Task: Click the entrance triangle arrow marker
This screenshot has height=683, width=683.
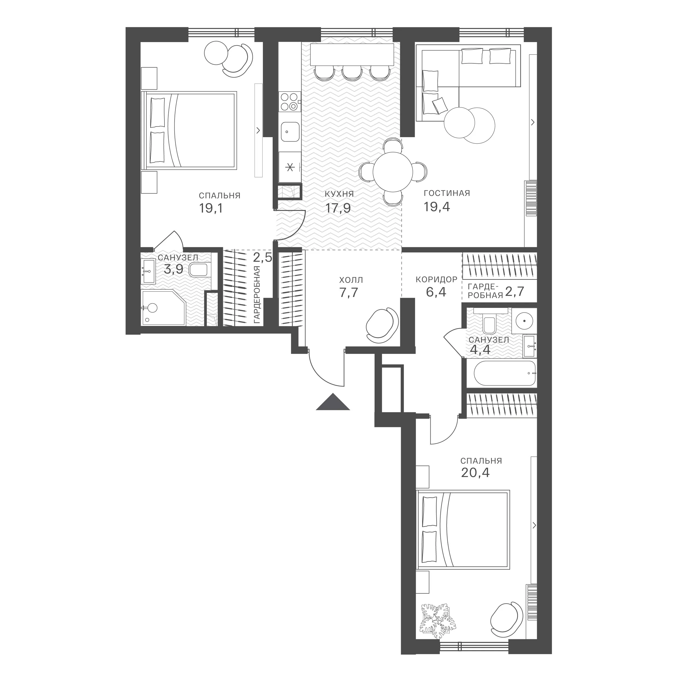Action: point(333,402)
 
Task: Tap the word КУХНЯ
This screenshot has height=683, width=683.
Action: point(339,194)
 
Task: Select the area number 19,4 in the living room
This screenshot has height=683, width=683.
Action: point(437,207)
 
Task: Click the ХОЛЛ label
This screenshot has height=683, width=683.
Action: point(351,280)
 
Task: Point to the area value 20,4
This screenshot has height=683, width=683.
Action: point(475,473)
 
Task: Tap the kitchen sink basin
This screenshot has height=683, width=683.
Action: point(290,132)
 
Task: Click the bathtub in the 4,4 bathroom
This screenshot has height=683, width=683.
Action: point(505,373)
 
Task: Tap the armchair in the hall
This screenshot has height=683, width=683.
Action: point(382,325)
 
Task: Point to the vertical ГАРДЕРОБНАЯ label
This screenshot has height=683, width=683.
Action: point(257,295)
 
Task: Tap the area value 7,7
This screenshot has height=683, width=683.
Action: point(349,293)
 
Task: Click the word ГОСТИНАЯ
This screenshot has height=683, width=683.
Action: point(447,193)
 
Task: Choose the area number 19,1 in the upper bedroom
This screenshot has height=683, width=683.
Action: point(211,208)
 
